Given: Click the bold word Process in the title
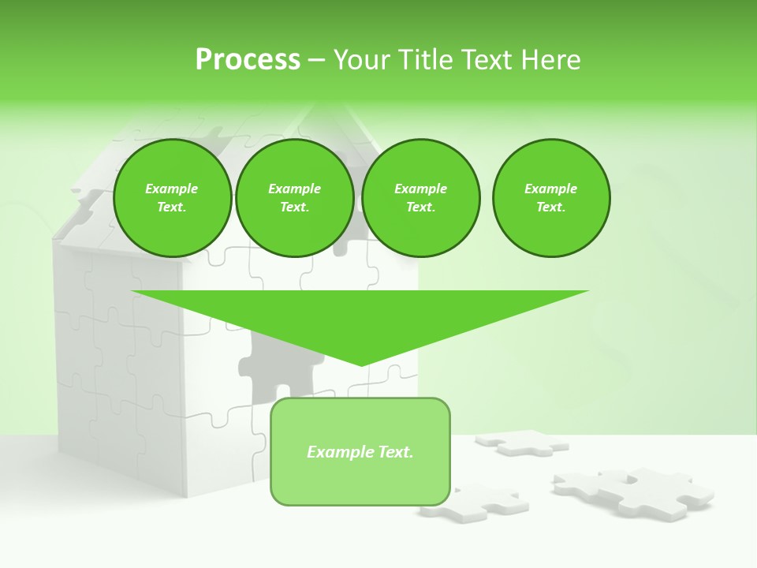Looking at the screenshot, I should click(248, 60).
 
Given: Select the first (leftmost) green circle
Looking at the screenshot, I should click(172, 198).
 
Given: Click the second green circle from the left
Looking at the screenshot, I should click(294, 198).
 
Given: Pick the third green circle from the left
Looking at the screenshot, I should click(420, 198).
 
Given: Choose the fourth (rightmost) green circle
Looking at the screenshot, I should click(551, 198).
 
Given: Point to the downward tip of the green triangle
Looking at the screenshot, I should click(361, 364).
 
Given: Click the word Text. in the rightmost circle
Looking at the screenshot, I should click(551, 207).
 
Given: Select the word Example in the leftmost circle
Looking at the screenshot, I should click(172, 189).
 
